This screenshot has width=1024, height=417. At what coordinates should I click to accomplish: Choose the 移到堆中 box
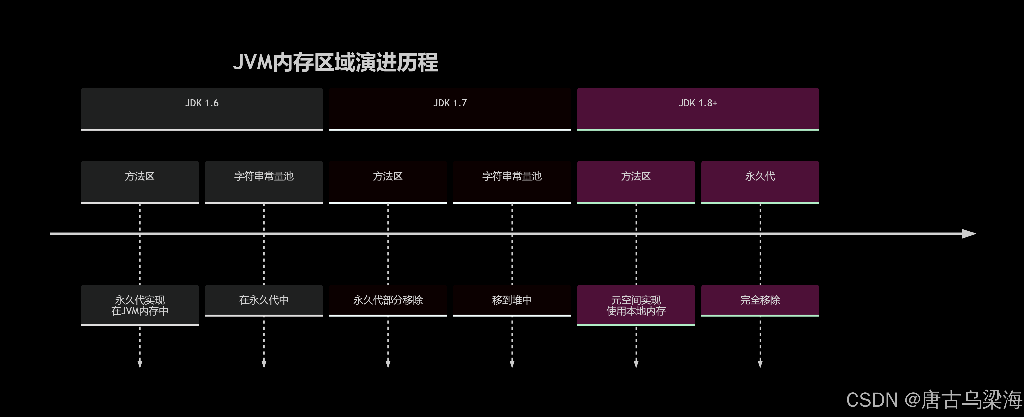coord(512,300)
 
